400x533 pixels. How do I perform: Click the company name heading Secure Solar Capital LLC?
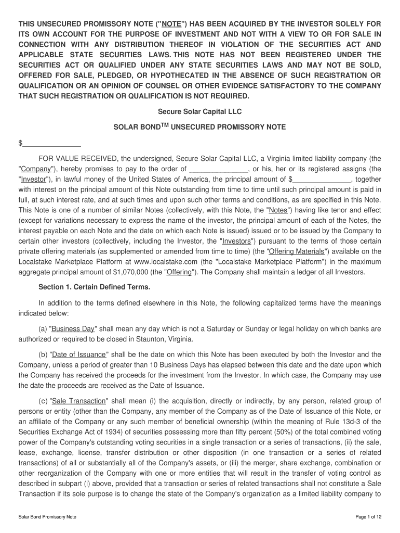tap(199, 112)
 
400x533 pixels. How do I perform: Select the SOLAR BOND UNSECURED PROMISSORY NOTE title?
tap(199, 126)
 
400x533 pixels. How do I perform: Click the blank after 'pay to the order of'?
tap(219, 169)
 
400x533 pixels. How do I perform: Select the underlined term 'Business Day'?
tap(73, 329)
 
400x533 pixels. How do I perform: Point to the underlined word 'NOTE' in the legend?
tap(170, 24)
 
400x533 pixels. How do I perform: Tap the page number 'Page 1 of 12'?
tap(369, 517)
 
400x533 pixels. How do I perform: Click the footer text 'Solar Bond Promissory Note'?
tap(47, 517)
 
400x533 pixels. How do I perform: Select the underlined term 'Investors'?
tap(237, 241)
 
